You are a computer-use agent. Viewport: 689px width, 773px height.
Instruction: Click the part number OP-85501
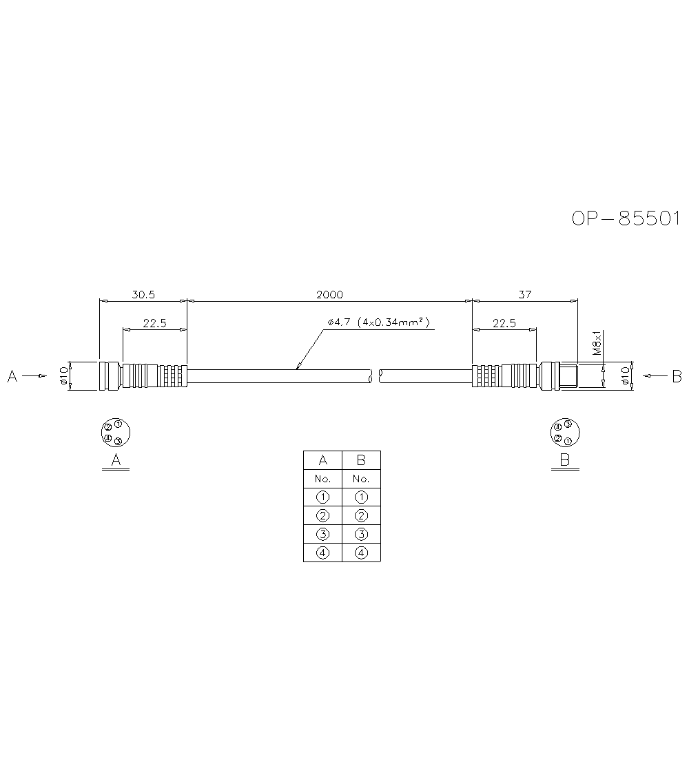click(x=626, y=218)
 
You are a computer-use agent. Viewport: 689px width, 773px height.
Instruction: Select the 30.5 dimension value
click(x=143, y=294)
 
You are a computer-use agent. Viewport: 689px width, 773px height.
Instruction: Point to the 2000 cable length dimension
click(x=329, y=294)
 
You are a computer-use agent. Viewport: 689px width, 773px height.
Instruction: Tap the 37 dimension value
click(x=525, y=294)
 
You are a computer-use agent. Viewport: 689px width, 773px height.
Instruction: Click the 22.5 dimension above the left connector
click(x=154, y=322)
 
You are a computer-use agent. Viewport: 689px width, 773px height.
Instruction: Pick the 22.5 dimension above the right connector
click(x=504, y=322)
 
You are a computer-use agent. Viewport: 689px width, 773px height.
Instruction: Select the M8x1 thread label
click(x=597, y=342)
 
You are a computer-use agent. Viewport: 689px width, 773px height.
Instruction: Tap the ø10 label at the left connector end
click(x=63, y=375)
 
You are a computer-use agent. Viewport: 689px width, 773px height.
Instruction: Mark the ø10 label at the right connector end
click(x=624, y=375)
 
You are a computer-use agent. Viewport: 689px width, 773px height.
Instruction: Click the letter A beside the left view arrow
click(x=12, y=376)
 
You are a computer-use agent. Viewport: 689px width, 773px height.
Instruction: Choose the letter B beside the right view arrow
click(x=677, y=376)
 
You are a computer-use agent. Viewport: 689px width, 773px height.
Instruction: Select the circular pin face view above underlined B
click(x=564, y=432)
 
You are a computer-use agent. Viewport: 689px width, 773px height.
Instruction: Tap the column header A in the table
click(x=322, y=460)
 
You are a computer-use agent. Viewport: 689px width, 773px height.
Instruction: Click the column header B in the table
click(x=361, y=460)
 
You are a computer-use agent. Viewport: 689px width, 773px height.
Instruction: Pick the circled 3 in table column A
click(x=322, y=534)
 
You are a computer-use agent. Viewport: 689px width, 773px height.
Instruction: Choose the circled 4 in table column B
click(x=361, y=553)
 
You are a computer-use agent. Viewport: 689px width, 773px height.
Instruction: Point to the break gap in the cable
click(x=376, y=376)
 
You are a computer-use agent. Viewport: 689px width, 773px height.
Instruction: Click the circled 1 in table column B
click(x=361, y=497)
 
